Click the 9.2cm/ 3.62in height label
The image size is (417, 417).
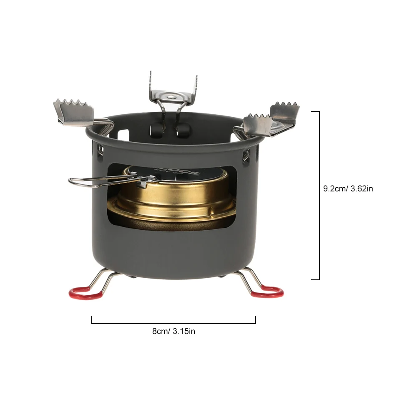click(348, 188)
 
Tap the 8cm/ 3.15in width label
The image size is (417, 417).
click(173, 332)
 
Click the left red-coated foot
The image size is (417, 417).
click(86, 293)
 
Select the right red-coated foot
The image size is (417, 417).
click(267, 291)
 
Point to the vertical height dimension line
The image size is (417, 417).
click(319, 196)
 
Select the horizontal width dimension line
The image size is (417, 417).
click(173, 323)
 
